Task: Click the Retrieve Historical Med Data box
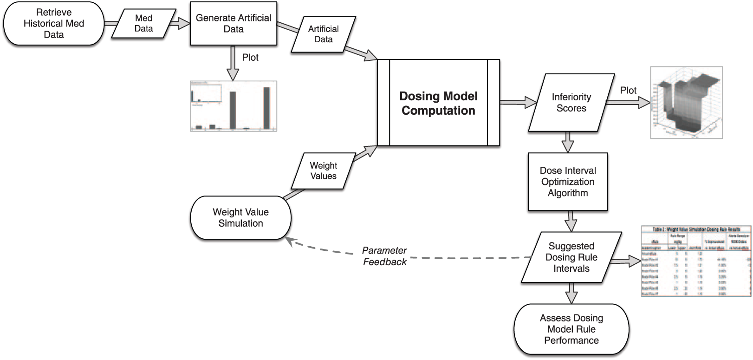tap(54, 24)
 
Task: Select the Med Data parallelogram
tap(143, 23)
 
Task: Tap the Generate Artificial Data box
tap(234, 24)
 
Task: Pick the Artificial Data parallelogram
tap(323, 34)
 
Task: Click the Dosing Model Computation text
tap(438, 103)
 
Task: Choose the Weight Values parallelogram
tap(323, 171)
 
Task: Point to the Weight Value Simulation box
tap(240, 217)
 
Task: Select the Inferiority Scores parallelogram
tap(571, 103)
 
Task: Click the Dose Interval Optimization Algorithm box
tap(568, 182)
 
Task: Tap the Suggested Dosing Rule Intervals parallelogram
tap(571, 257)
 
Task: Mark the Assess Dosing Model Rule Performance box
tap(571, 329)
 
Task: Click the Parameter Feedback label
tap(384, 256)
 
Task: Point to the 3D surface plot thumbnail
tap(686, 102)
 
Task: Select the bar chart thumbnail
tap(234, 106)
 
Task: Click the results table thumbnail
tap(696, 261)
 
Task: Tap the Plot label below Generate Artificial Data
tap(250, 58)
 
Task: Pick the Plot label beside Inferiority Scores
tap(628, 91)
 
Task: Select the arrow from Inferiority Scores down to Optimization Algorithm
tap(568, 142)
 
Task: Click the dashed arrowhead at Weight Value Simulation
tap(289, 240)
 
